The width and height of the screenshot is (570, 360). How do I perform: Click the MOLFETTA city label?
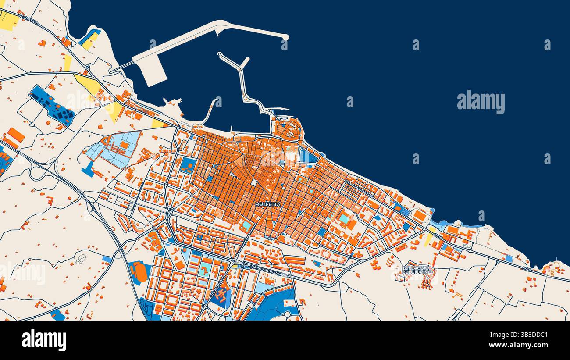click(267, 204)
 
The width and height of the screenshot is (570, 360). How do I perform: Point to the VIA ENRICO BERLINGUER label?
click(266, 269)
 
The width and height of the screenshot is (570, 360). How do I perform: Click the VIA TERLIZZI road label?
click(219, 286)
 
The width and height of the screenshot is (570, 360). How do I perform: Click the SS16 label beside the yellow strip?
click(438, 235)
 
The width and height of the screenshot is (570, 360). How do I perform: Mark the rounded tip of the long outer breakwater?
click(285, 37)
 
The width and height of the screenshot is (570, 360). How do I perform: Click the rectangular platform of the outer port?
click(151, 72)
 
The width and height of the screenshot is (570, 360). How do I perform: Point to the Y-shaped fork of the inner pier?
click(241, 66)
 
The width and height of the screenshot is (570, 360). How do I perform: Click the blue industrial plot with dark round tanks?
click(52, 105)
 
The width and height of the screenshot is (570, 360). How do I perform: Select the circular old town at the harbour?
click(287, 129)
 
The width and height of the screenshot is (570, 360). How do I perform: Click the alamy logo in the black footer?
click(44, 340)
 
